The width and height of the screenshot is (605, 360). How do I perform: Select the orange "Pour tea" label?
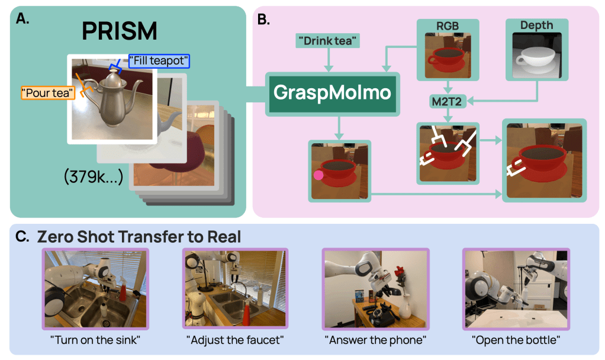click(x=48, y=92)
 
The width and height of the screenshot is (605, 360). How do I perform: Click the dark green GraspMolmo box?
click(x=331, y=93)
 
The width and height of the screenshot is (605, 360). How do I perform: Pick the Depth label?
click(x=536, y=25)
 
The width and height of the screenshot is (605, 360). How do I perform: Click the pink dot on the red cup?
click(x=318, y=175)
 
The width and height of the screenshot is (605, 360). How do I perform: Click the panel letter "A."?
click(x=22, y=17)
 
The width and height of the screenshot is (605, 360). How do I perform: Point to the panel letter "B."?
click(x=263, y=18)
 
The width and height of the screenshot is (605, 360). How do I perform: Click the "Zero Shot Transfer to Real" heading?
click(x=139, y=237)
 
